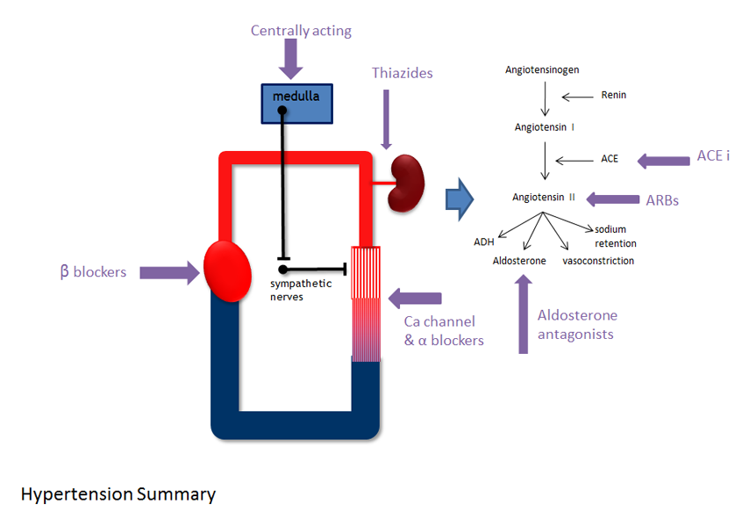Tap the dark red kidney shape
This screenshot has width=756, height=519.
[407, 184]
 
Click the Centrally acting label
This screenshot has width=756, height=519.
[301, 31]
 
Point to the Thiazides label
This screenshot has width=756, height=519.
[402, 73]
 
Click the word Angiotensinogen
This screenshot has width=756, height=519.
[542, 69]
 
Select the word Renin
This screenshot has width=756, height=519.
[614, 95]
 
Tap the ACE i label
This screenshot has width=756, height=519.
[713, 155]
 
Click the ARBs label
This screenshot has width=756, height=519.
[662, 199]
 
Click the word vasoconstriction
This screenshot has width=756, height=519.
[598, 261]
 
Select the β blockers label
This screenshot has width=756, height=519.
[93, 271]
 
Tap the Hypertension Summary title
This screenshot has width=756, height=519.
[118, 494]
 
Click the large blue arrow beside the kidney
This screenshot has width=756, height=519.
[459, 198]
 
